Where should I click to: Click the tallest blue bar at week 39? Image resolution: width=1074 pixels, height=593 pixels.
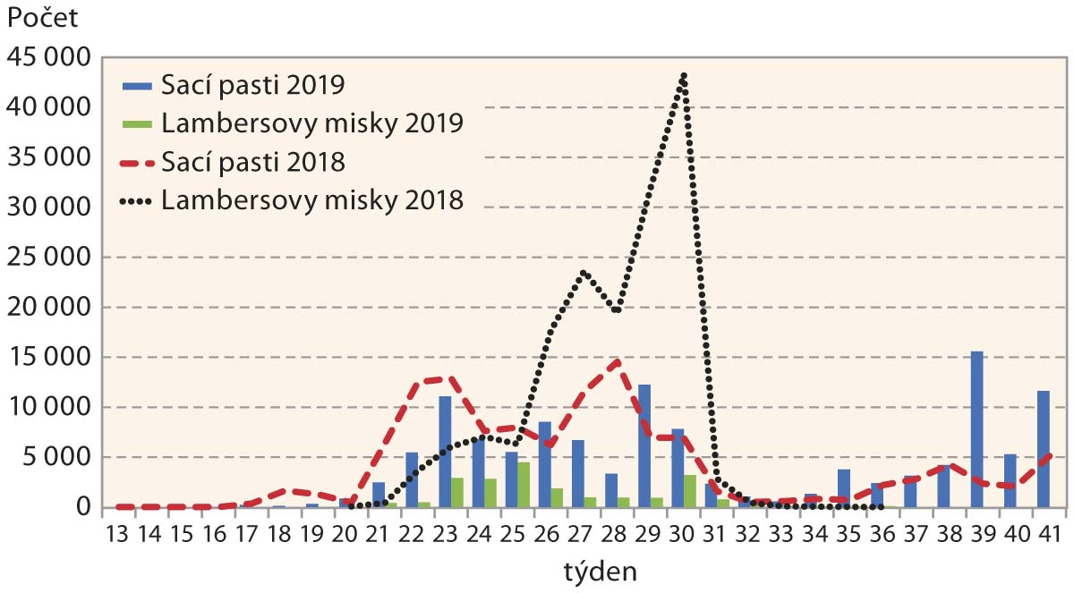point(977,429)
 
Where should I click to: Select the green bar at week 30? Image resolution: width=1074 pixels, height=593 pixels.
point(690,491)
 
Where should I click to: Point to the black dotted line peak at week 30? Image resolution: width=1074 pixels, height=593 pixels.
point(684,75)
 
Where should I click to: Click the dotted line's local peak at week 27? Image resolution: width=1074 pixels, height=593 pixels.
point(584,272)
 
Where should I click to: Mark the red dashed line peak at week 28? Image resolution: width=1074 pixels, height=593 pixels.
point(617,361)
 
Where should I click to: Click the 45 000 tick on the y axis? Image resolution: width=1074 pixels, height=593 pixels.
point(49,57)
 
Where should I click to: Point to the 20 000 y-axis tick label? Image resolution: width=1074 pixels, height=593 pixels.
point(49,308)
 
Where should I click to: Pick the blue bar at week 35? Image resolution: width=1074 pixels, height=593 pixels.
point(844,488)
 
